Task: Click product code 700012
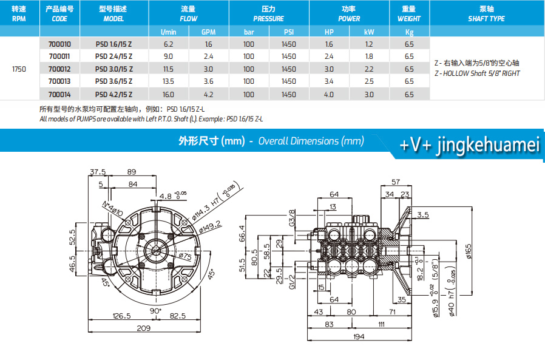pyautogui.click(x=59, y=69)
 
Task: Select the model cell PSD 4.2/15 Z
pyautogui.click(x=113, y=95)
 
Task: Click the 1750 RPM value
pyautogui.click(x=19, y=69)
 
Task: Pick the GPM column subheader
pyautogui.click(x=208, y=32)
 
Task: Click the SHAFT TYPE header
pyautogui.click(x=486, y=19)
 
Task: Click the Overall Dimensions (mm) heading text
pyautogui.click(x=311, y=141)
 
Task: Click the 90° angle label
pyautogui.click(x=156, y=311)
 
